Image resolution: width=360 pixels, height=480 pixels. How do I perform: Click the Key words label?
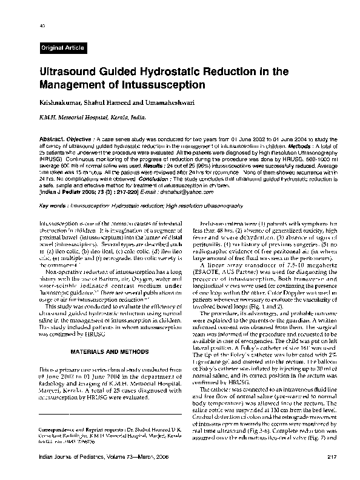point(53,205)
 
